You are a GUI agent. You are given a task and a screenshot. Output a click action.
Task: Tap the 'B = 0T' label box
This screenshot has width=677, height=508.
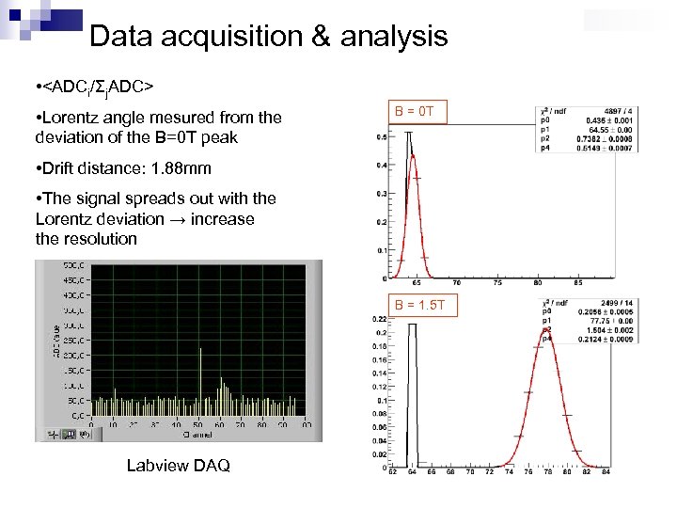coord(414,113)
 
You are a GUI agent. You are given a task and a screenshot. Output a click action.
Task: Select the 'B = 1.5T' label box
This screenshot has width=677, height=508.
coord(425,305)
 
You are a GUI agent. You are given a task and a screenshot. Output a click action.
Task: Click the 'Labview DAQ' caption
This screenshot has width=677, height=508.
coord(178,466)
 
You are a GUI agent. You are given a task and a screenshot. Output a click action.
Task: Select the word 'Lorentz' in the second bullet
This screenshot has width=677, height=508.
coord(76,117)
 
